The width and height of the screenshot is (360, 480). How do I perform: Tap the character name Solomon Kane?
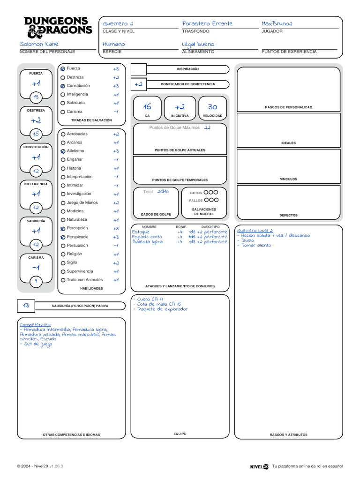pyautogui.click(x=39, y=44)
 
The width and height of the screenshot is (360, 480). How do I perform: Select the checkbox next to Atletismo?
pyautogui.click(x=63, y=151)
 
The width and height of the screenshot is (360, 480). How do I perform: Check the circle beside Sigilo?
pyautogui.click(x=63, y=263)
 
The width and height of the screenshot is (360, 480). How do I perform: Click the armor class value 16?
pyautogui.click(x=147, y=107)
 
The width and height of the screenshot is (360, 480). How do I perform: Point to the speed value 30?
pyautogui.click(x=212, y=107)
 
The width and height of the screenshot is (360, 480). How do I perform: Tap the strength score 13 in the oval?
pyautogui.click(x=36, y=97)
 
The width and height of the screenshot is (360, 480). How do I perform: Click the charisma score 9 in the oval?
pyautogui.click(x=36, y=281)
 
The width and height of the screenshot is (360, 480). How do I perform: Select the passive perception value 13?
pyautogui.click(x=26, y=306)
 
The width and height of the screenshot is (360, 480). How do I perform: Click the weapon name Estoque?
pyautogui.click(x=141, y=232)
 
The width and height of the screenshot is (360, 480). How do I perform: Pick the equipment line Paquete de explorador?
pyautogui.click(x=162, y=309)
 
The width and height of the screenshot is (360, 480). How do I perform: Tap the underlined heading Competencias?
pyautogui.click(x=35, y=324)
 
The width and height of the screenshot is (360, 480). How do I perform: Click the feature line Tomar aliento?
pyautogui.click(x=255, y=246)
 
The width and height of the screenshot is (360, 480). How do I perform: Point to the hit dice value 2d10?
pyautogui.click(x=163, y=191)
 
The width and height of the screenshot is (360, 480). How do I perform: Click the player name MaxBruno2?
pyautogui.click(x=277, y=23)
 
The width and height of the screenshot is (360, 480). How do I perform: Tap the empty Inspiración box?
pyautogui.click(x=138, y=69)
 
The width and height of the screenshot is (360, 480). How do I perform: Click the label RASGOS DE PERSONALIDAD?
pyautogui.click(x=288, y=107)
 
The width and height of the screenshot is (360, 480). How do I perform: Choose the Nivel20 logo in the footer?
pyautogui.click(x=259, y=466)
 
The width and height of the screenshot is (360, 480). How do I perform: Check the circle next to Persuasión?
pyautogui.click(x=63, y=246)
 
